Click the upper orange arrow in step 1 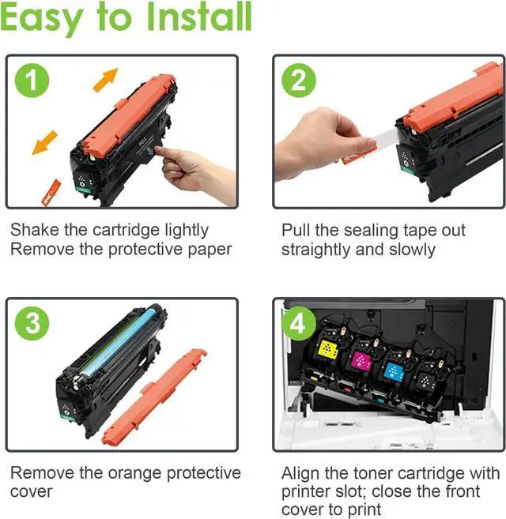(x=105, y=80)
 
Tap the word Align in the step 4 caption (x=304, y=474)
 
